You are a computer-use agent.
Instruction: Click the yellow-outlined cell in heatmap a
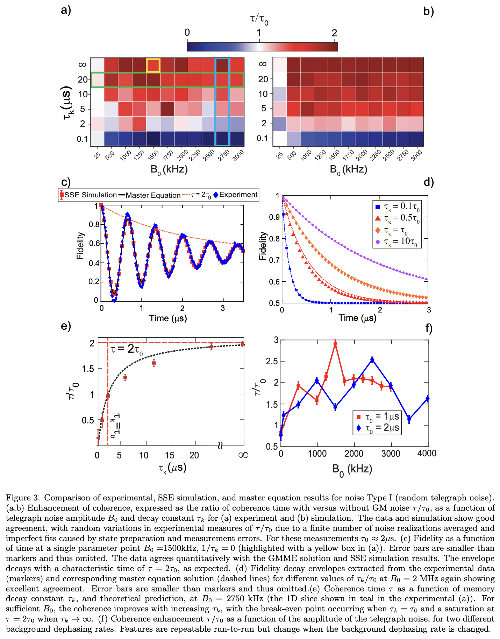pos(153,65)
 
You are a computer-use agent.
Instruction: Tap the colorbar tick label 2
pos(334,33)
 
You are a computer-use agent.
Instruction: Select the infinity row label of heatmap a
pos(82,65)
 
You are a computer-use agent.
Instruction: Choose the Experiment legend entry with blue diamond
pos(235,195)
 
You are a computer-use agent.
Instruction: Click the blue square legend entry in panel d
pos(397,207)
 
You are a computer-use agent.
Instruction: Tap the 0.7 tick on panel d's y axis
pos(274,260)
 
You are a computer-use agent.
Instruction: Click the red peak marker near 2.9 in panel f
pos(335,344)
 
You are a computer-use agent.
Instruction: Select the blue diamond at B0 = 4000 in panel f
pos(427,399)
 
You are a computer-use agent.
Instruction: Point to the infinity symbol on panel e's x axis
pos(243,455)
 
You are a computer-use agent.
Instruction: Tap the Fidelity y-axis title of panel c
pos(80,246)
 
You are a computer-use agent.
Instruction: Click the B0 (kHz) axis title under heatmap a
pos(169,170)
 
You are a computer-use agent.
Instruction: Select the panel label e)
pos(66,326)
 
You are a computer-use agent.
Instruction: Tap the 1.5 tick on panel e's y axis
pos(87,369)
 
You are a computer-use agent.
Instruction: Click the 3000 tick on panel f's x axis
pos(390,454)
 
